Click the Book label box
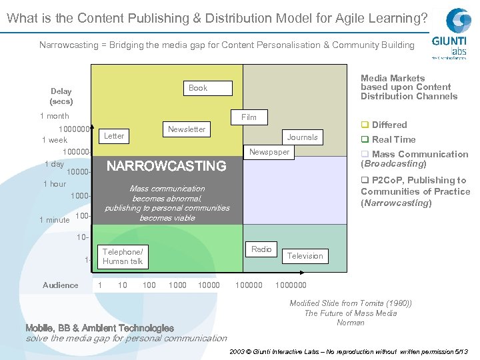[198, 88]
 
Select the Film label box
[249, 117]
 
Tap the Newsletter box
[187, 129]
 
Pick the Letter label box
[114, 136]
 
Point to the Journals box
[303, 137]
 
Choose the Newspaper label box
[269, 152]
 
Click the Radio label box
[261, 249]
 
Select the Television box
[305, 255]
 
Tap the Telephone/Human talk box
[123, 257]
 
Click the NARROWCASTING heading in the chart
[167, 165]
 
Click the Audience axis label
[61, 285]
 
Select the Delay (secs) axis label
[61, 97]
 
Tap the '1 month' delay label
[55, 116]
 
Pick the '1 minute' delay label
[54, 220]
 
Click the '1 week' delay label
[54, 140]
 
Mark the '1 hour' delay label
[54, 184]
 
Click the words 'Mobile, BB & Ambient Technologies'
[99, 328]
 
